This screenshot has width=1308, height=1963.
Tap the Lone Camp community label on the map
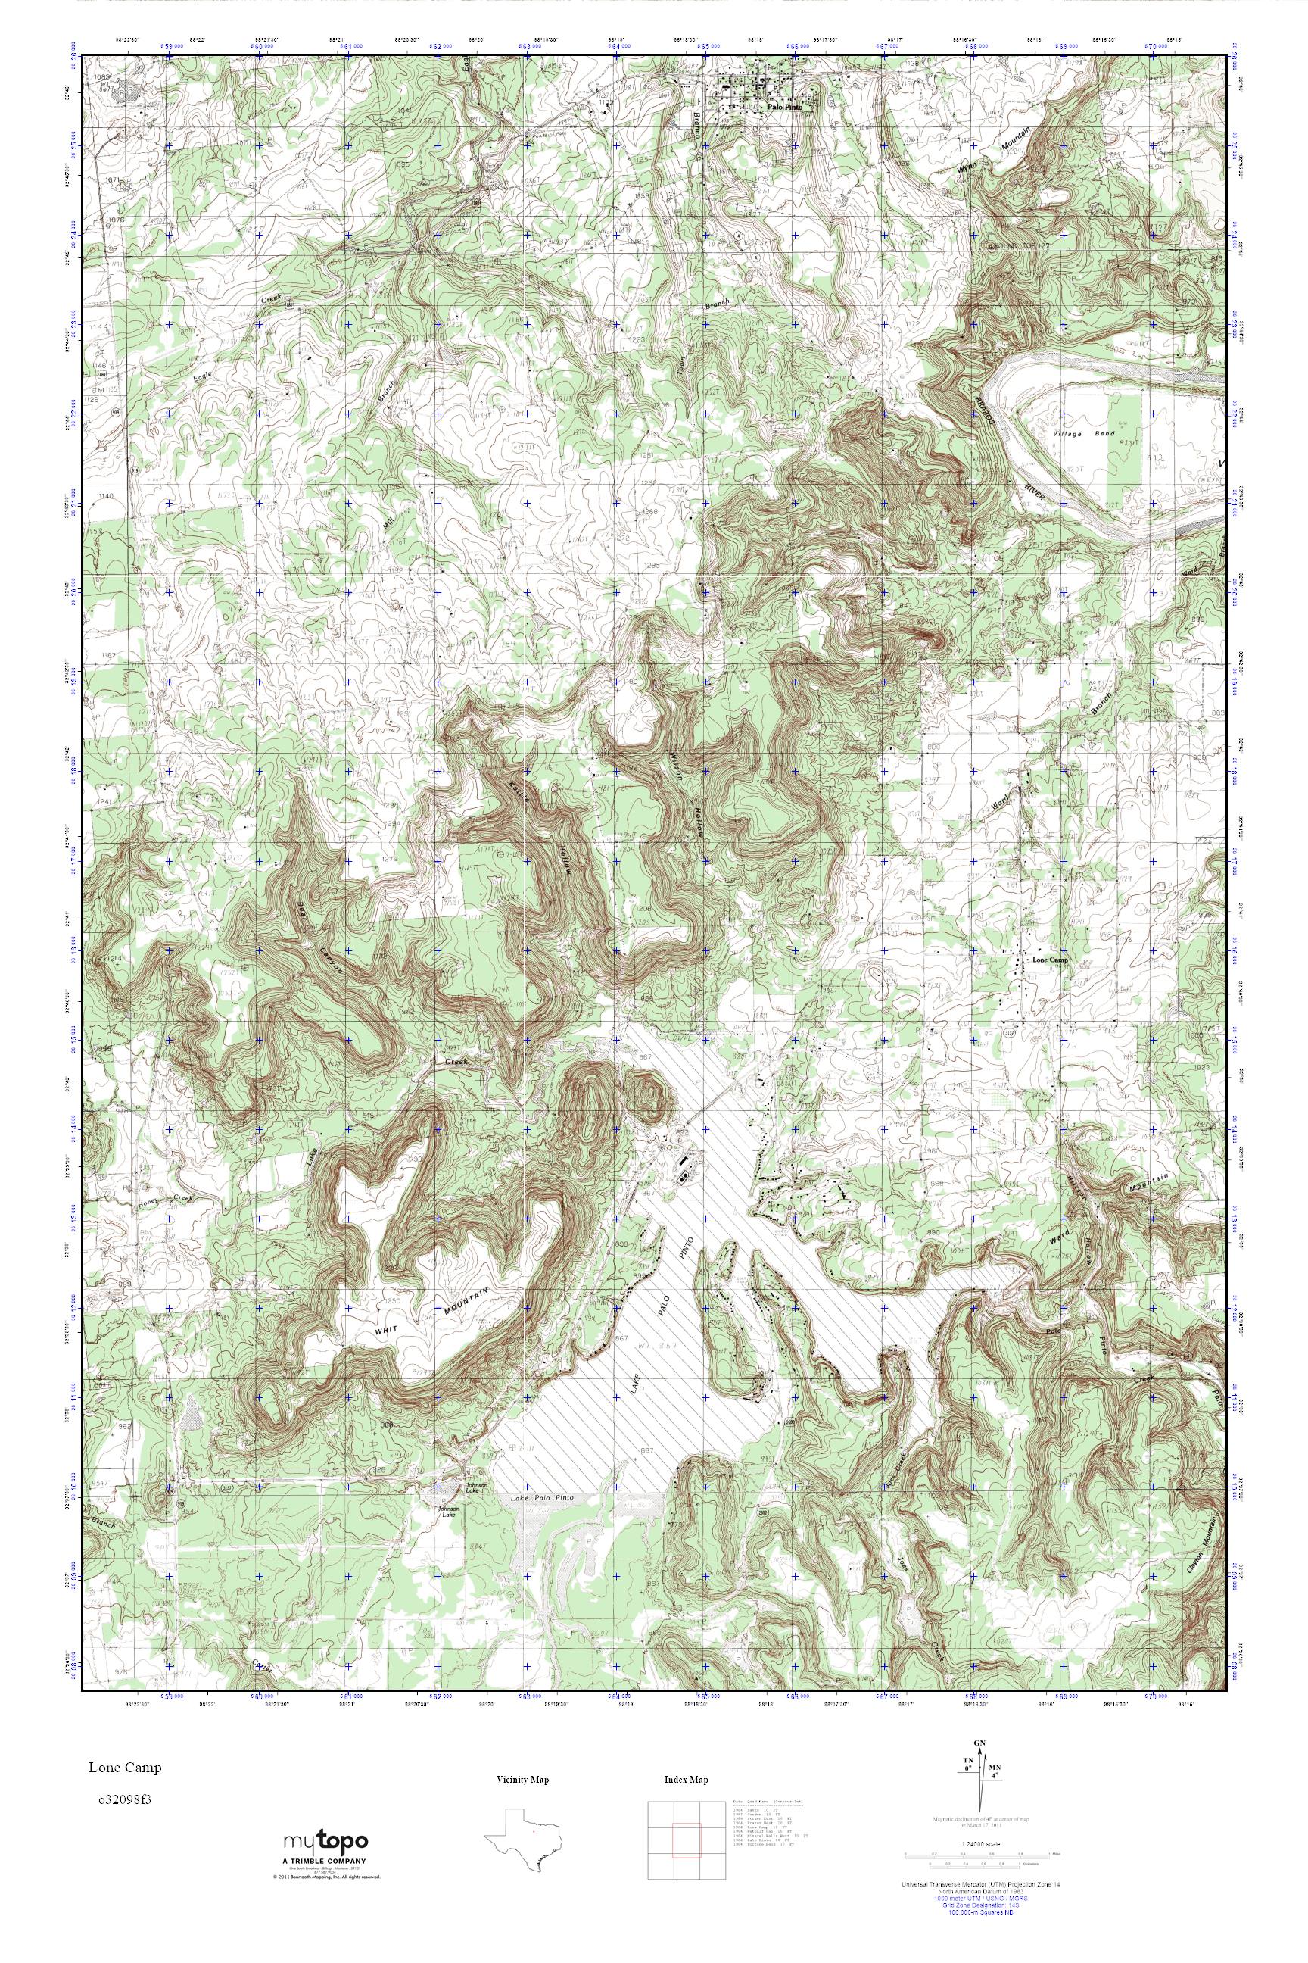pos(1050,960)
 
